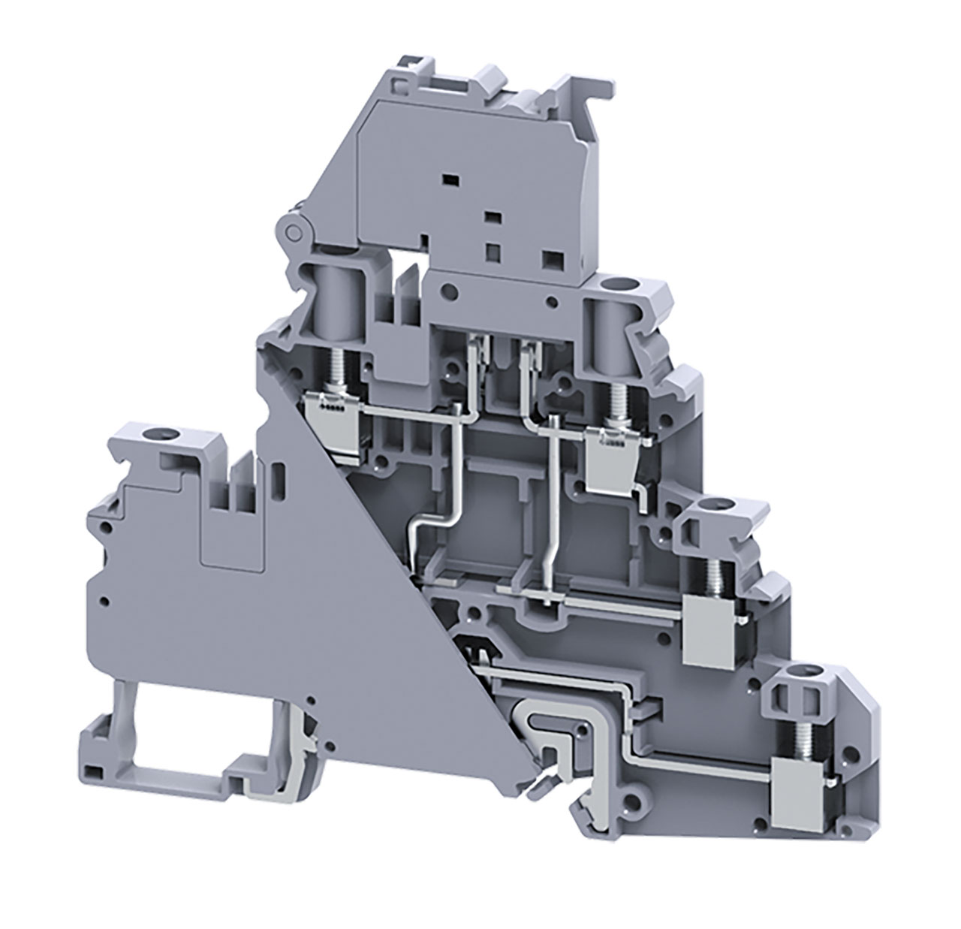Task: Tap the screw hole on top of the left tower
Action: [160, 434]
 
